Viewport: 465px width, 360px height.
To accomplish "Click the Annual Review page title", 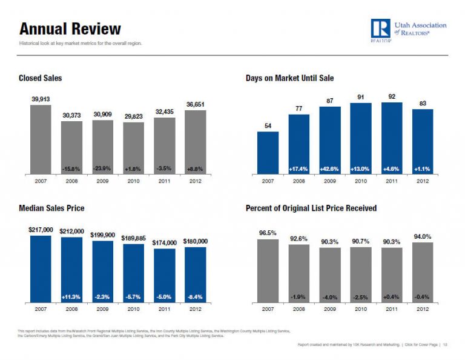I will pyautogui.click(x=70, y=29).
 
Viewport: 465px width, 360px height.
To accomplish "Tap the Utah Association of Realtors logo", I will pyautogui.click(x=409, y=30).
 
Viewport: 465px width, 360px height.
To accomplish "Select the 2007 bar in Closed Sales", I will pyautogui.click(x=41, y=139).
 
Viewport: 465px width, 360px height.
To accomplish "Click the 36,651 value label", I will pyautogui.click(x=195, y=104).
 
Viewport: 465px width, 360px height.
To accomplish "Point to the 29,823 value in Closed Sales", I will pyautogui.click(x=133, y=116).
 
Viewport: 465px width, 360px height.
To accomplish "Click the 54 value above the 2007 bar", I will pyautogui.click(x=268, y=125).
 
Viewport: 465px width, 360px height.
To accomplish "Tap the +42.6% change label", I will pyautogui.click(x=330, y=169).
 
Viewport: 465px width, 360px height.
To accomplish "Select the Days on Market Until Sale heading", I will pyautogui.click(x=289, y=78).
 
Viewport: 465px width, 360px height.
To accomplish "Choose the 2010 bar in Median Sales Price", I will pyautogui.click(x=133, y=273).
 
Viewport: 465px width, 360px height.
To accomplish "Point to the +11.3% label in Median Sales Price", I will pyautogui.click(x=71, y=297).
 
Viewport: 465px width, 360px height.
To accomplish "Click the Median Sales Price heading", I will pyautogui.click(x=51, y=208).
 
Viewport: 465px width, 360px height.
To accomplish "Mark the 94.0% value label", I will pyautogui.click(x=422, y=236).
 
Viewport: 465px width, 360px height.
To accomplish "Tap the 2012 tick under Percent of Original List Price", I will pyautogui.click(x=422, y=308).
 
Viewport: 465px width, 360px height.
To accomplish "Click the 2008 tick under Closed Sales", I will pyautogui.click(x=71, y=181).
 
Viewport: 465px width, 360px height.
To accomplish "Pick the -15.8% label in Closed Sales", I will pyautogui.click(x=71, y=169).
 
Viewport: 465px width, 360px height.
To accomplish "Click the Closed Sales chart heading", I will pyautogui.click(x=40, y=78).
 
